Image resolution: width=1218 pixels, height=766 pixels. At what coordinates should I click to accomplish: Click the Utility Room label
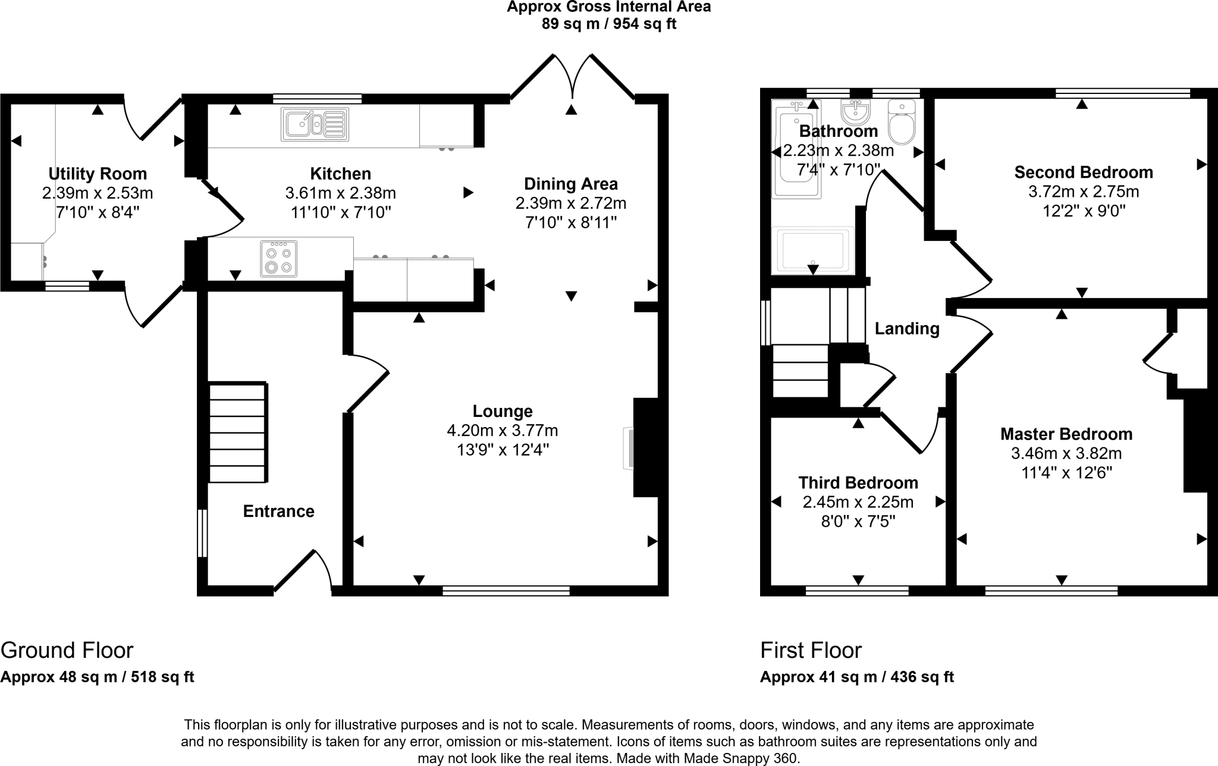(98, 174)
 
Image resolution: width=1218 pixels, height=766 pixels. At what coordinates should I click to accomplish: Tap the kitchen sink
(315, 124)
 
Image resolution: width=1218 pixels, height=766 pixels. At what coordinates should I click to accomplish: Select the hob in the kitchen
(278, 259)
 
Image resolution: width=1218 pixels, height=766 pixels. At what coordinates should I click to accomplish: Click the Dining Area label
(570, 184)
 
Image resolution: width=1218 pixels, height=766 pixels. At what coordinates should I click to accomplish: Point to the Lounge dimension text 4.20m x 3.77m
(502, 430)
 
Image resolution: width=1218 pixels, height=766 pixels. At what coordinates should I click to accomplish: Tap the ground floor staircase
(238, 432)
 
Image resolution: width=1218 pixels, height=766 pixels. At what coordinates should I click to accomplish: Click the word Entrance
(278, 511)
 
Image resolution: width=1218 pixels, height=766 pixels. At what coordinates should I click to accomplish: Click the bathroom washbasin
(855, 111)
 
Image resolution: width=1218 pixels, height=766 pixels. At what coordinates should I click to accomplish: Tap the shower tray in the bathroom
(812, 250)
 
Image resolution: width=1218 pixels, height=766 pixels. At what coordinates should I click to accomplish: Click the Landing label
(907, 328)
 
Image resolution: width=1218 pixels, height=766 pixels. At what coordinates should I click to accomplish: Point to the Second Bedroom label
(1084, 172)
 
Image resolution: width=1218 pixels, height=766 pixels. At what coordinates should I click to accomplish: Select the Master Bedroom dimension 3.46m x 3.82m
(1066, 454)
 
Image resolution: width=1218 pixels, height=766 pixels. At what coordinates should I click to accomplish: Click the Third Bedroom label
(858, 482)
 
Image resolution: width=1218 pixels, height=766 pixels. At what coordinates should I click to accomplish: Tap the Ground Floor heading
(67, 650)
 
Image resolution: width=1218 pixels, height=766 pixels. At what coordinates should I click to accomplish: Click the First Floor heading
(811, 650)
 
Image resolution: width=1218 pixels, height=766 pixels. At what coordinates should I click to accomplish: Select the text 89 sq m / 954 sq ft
(608, 24)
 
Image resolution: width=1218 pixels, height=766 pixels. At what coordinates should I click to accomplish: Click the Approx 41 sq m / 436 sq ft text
(856, 677)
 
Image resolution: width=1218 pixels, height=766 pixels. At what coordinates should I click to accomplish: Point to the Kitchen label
(340, 174)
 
